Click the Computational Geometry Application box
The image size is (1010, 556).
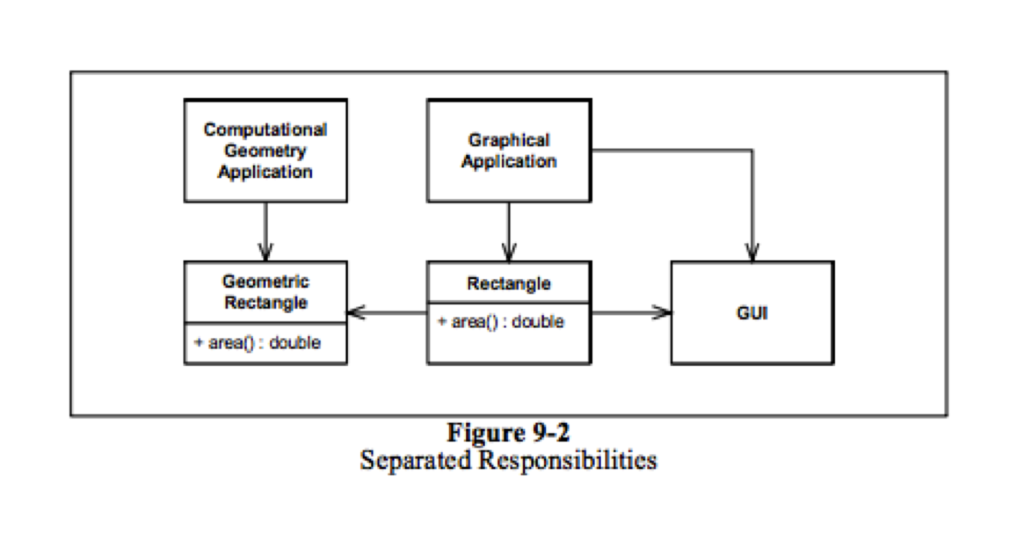point(266,150)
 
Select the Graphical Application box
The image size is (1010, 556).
point(509,150)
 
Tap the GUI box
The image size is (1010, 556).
point(752,313)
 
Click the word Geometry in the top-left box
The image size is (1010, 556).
point(266,150)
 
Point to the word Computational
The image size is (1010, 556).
point(266,129)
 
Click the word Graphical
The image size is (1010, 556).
point(509,140)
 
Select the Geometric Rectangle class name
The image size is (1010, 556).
point(266,293)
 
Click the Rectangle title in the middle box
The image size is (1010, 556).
point(509,284)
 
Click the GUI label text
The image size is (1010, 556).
point(752,313)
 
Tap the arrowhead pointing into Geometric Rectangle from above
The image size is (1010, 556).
point(266,253)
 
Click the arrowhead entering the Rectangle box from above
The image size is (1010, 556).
point(509,253)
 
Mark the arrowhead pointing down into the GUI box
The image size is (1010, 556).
point(752,253)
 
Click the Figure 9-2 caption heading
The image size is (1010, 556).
point(508,433)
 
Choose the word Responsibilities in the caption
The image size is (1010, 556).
point(568,459)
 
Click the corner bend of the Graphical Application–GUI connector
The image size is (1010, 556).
point(752,150)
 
